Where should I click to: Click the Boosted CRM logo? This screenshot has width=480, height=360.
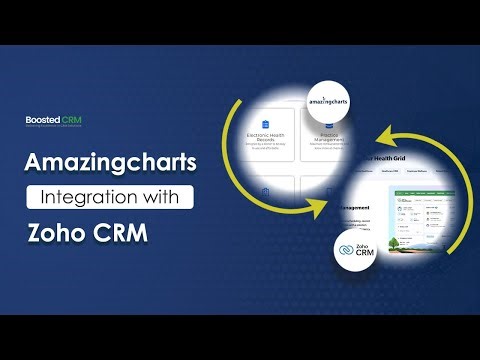coord(54,120)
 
